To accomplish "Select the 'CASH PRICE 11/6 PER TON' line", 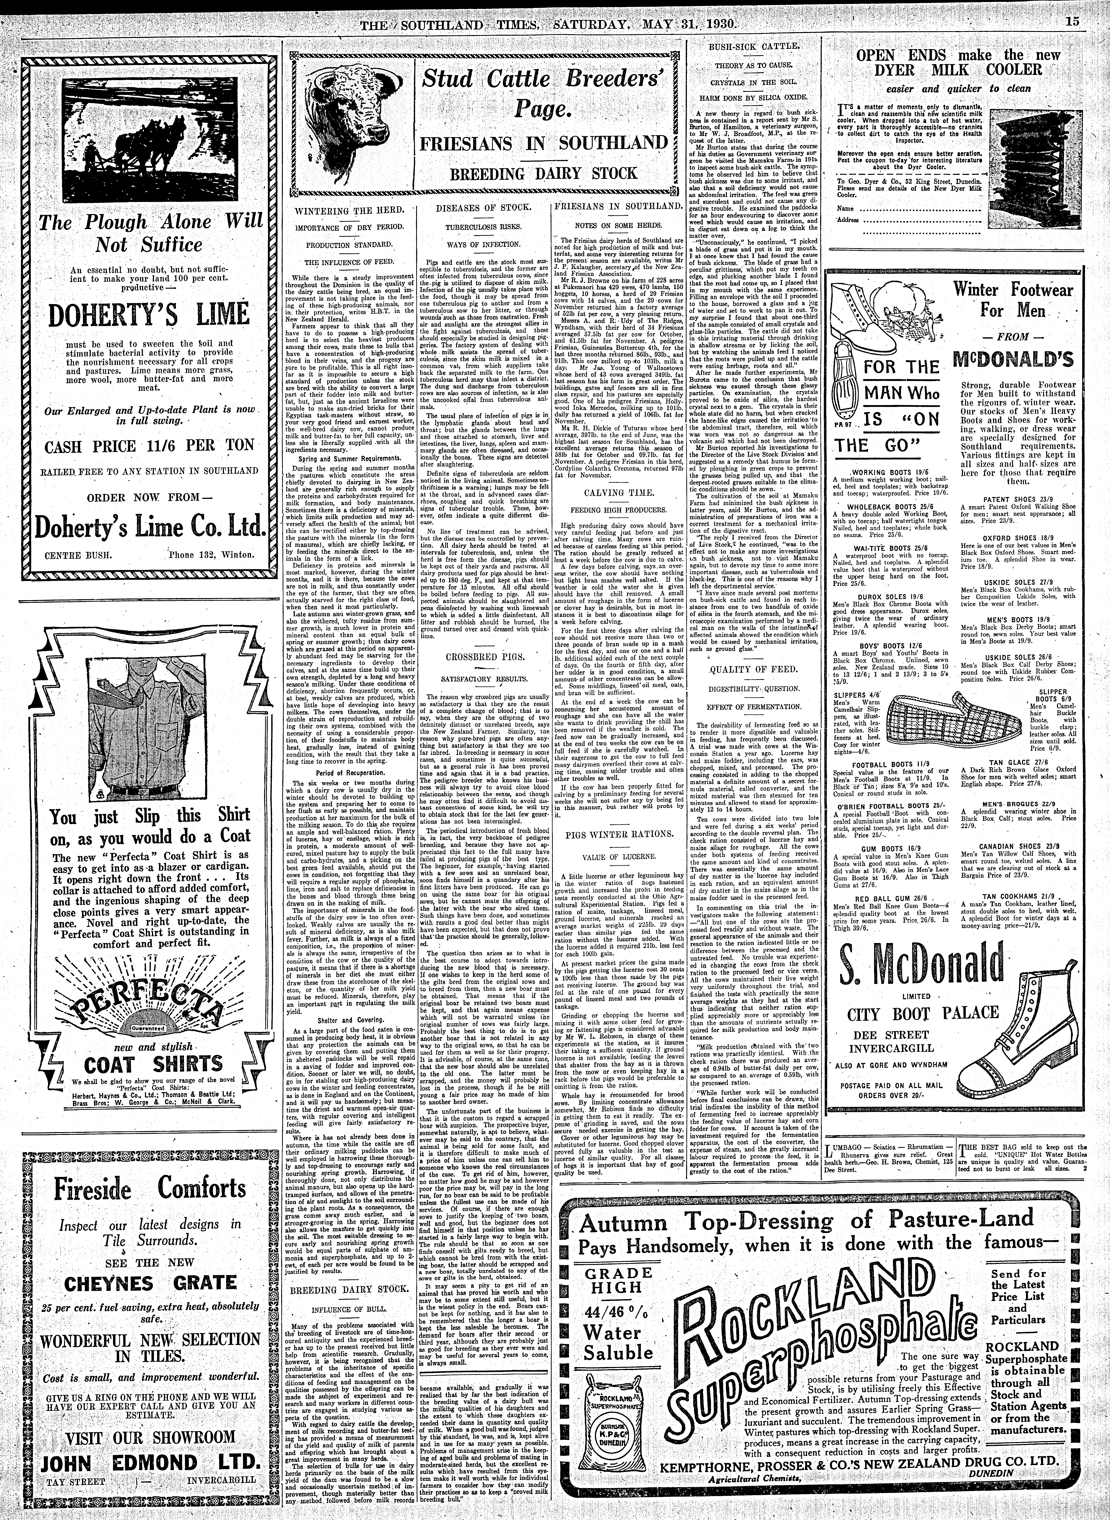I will (149, 445).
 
